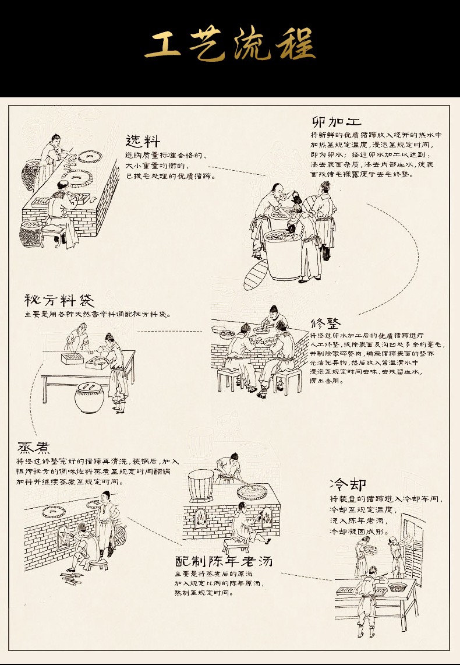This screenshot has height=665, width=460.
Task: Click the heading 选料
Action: [143, 141]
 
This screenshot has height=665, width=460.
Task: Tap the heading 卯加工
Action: [337, 122]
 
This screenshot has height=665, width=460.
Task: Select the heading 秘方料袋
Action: [59, 300]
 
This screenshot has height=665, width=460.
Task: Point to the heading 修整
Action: [325, 323]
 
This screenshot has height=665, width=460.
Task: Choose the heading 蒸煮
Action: [33, 448]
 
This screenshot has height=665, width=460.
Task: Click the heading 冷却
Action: [348, 484]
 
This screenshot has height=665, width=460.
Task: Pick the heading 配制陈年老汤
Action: [224, 561]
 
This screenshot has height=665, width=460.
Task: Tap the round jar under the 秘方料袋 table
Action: [89, 397]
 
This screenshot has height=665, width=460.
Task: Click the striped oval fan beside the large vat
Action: [256, 275]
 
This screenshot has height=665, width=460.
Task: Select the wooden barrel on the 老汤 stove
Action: [201, 485]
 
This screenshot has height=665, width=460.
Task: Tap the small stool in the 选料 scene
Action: [54, 235]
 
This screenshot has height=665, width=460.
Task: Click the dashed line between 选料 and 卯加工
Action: [237, 171]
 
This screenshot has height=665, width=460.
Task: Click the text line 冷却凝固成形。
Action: [359, 531]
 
